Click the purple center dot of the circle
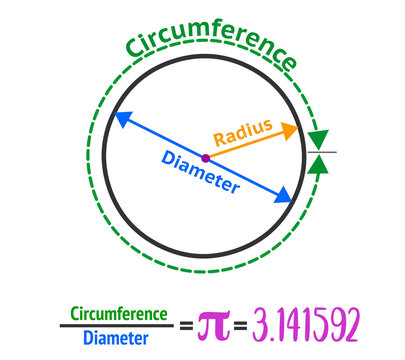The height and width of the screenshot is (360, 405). pyautogui.click(x=205, y=157)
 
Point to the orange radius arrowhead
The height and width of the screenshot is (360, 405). pyautogui.click(x=291, y=129)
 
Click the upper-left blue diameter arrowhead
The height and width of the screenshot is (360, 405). pyautogui.click(x=120, y=118)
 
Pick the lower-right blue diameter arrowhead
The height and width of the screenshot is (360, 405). pyautogui.click(x=286, y=194)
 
